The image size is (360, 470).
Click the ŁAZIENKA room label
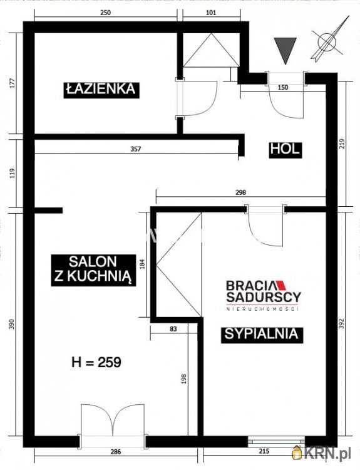click(x=100, y=89)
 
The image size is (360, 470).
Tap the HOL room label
click(x=285, y=149)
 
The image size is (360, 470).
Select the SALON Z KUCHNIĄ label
click(x=93, y=270)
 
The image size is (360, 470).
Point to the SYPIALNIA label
click(x=262, y=334)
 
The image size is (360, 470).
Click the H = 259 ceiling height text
click(x=96, y=362)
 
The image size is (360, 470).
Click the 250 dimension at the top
click(x=105, y=13)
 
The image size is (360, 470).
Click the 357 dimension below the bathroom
click(x=136, y=149)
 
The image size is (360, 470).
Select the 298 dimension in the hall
click(x=240, y=193)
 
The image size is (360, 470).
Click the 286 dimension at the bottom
click(x=115, y=451)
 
